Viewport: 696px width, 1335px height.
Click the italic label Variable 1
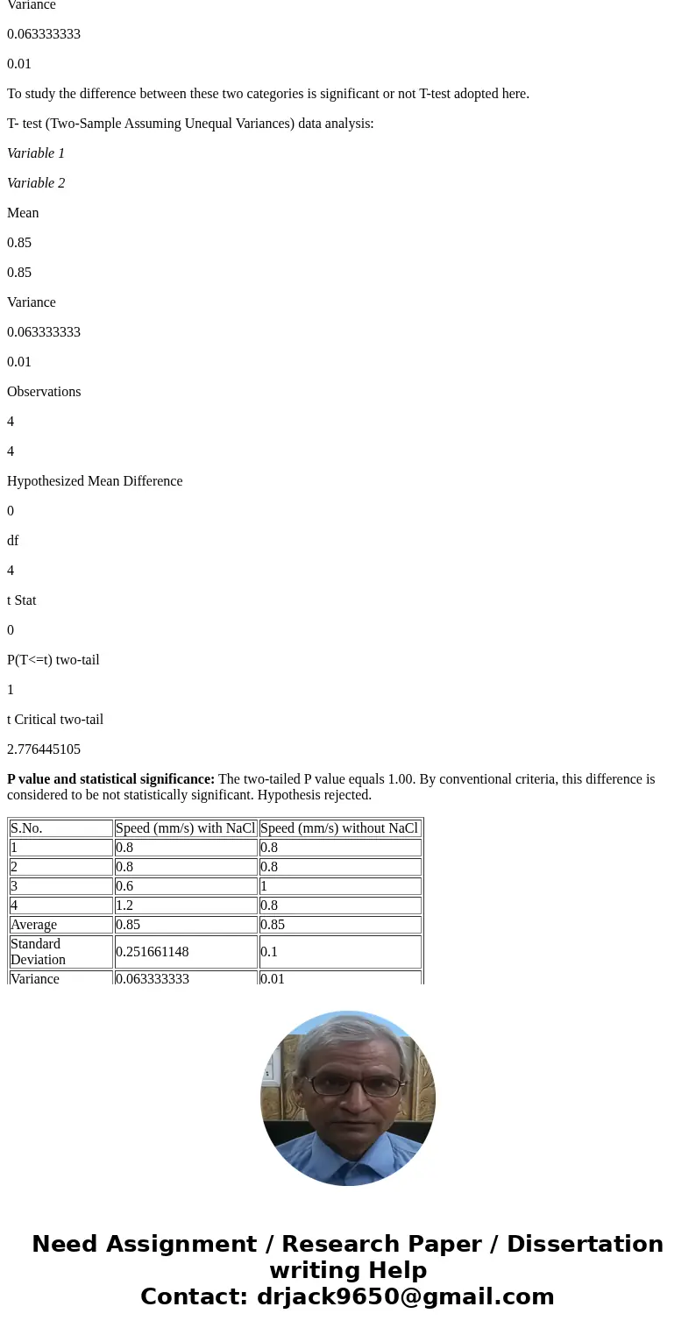[x=36, y=153]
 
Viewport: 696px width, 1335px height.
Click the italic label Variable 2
[x=36, y=183]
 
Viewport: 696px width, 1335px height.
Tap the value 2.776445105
[x=44, y=749]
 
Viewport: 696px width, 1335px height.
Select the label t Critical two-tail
[x=55, y=720]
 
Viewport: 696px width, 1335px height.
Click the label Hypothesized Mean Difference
[x=95, y=481]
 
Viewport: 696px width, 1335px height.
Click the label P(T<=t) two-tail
[x=53, y=660]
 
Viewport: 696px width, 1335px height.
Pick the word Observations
[x=44, y=392]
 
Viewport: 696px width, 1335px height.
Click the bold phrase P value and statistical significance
[x=110, y=779]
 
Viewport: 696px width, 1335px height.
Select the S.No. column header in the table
[x=26, y=828]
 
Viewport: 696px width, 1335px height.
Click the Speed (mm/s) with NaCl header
[x=185, y=828]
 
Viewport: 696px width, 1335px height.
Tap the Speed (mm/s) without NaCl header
[x=339, y=828]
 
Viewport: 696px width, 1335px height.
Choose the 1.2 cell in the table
[x=124, y=905]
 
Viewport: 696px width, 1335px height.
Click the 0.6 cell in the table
[x=124, y=886]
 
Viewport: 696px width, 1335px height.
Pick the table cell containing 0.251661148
[x=152, y=952]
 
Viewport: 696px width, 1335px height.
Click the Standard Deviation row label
[x=38, y=952]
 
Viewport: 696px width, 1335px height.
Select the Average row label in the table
[x=33, y=925]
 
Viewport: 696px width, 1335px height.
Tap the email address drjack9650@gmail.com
[x=405, y=1296]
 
